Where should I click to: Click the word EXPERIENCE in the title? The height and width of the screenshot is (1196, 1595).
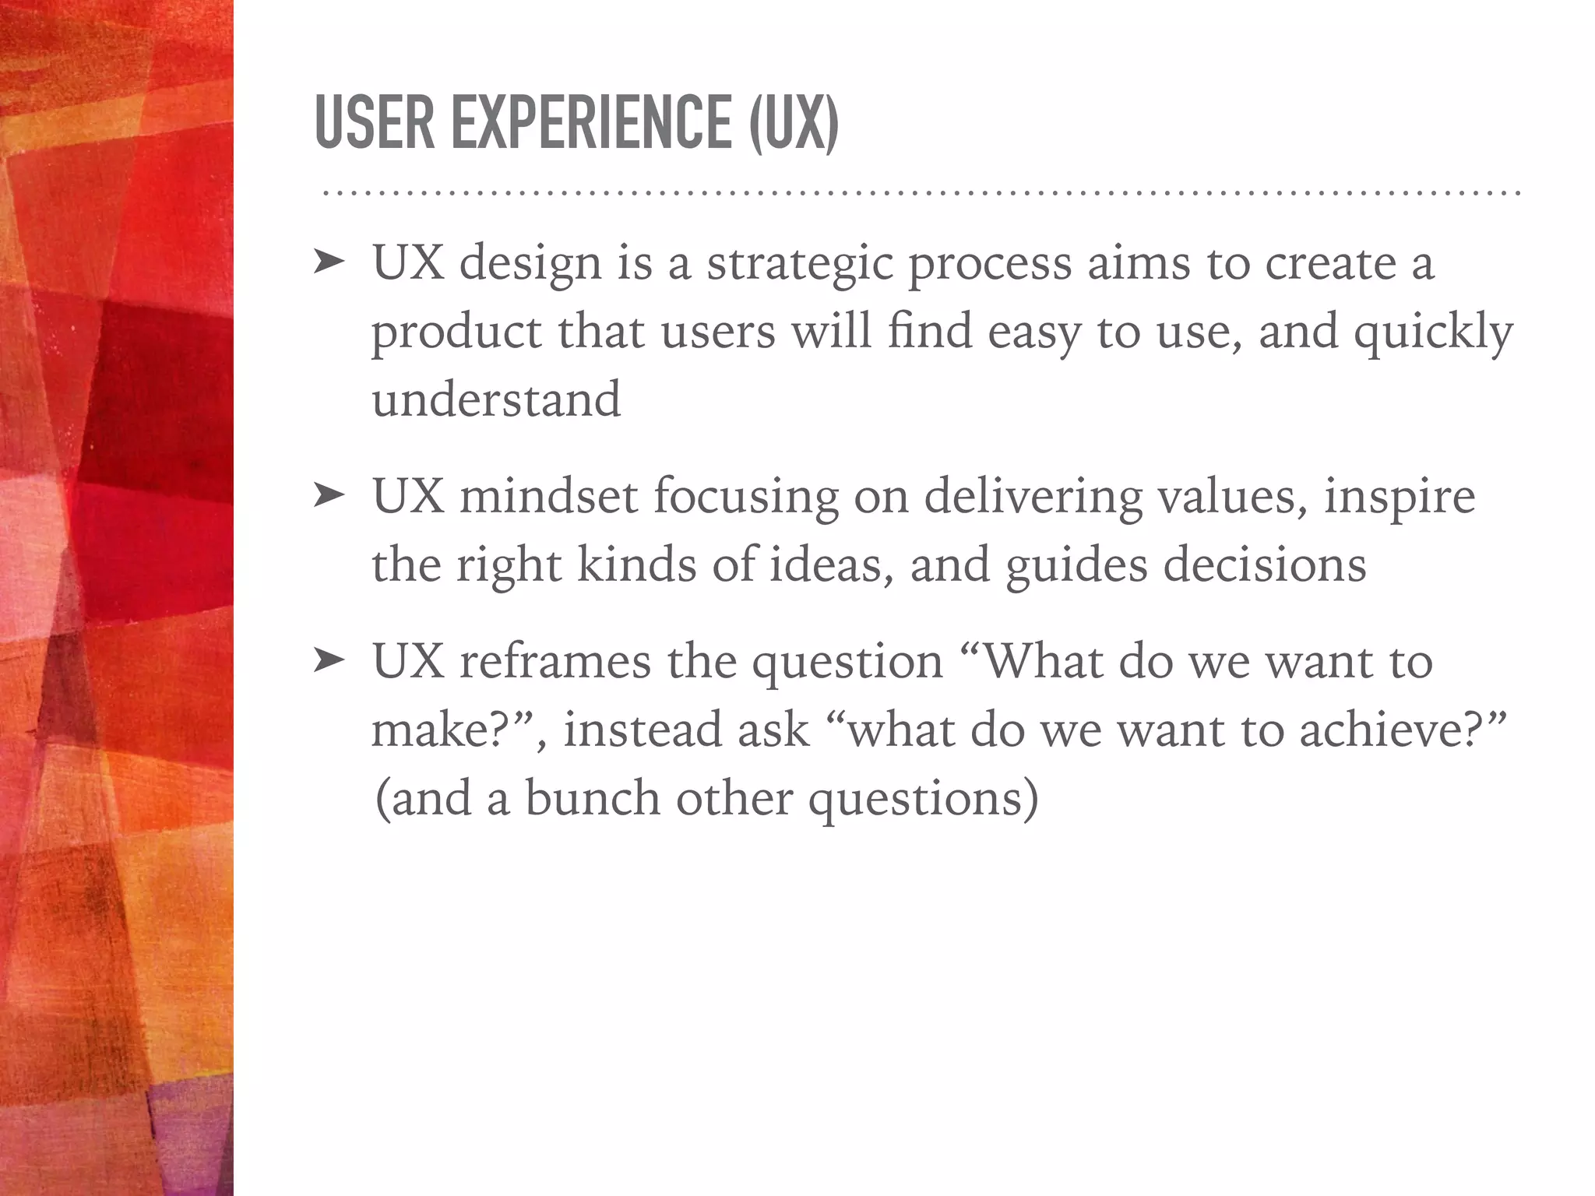tap(592, 122)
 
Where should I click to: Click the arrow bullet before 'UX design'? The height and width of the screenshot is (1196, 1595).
tap(328, 264)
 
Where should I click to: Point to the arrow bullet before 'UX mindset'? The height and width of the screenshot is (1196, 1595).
tap(328, 496)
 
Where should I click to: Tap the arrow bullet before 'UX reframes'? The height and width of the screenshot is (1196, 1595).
tap(328, 661)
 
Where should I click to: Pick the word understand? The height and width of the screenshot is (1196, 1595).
tap(496, 399)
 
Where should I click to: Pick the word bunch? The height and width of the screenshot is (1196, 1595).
tap(593, 798)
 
